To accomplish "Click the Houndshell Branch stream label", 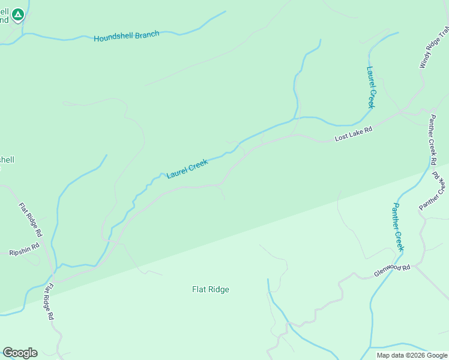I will (x=127, y=37).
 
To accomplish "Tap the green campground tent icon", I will (x=18, y=14).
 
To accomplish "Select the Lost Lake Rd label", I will (x=354, y=133).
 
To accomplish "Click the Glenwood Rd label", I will (x=391, y=271).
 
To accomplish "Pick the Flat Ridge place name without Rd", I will (x=210, y=290).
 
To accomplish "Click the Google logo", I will (x=20, y=353).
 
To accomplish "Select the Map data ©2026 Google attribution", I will (x=411, y=355).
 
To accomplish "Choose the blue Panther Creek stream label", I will (x=399, y=227).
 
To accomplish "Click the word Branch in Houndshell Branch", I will (x=146, y=35).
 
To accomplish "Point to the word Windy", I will (x=424, y=61).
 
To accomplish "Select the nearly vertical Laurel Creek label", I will (x=370, y=87).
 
